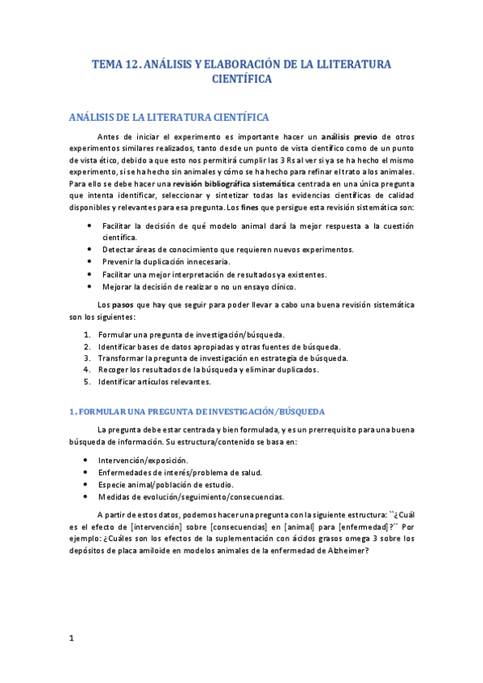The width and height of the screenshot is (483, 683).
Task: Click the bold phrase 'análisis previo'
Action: click(349, 137)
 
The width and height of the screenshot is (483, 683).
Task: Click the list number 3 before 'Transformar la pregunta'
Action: click(87, 358)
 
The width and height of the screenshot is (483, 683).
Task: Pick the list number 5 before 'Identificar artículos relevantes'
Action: click(87, 382)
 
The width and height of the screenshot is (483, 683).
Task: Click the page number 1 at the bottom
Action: click(71, 639)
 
